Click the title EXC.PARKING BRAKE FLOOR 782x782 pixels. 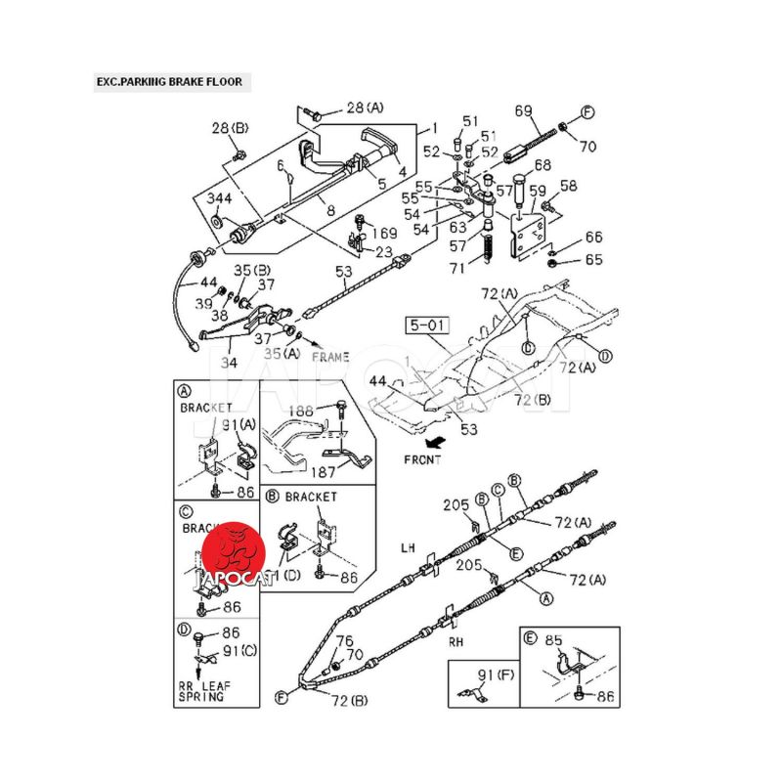click(x=168, y=82)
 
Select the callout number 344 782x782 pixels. click(x=219, y=198)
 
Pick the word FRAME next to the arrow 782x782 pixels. click(x=330, y=358)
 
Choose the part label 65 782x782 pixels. click(x=594, y=260)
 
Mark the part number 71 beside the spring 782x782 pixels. click(x=457, y=268)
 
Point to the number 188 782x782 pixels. click(x=301, y=412)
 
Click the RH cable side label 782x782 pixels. click(x=456, y=642)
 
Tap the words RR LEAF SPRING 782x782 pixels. click(x=200, y=691)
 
